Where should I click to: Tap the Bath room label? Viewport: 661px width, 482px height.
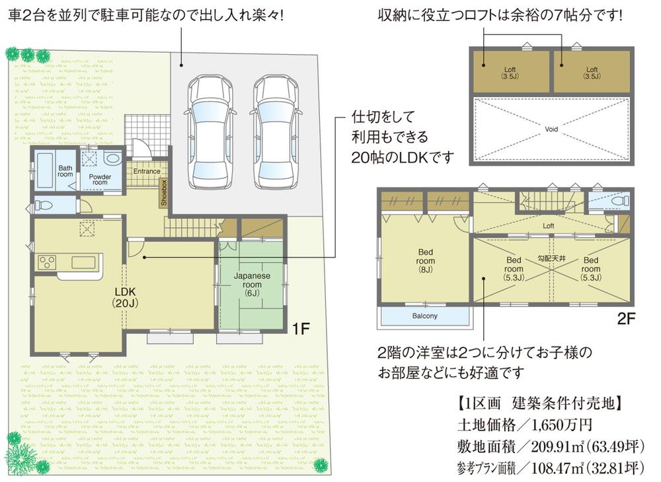[x=65, y=171]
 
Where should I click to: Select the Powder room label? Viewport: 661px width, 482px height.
[x=100, y=180]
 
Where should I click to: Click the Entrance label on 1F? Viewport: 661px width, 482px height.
[x=146, y=172]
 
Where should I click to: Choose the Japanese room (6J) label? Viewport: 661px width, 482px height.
[x=250, y=285]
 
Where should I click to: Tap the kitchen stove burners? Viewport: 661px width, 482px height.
[x=46, y=262]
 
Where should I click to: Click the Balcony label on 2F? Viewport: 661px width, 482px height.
[x=424, y=316]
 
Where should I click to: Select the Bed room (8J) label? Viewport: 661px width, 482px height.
[x=424, y=260]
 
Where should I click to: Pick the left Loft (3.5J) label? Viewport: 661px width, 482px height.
[x=510, y=72]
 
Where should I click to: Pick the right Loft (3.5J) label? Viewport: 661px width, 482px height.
[x=591, y=72]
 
